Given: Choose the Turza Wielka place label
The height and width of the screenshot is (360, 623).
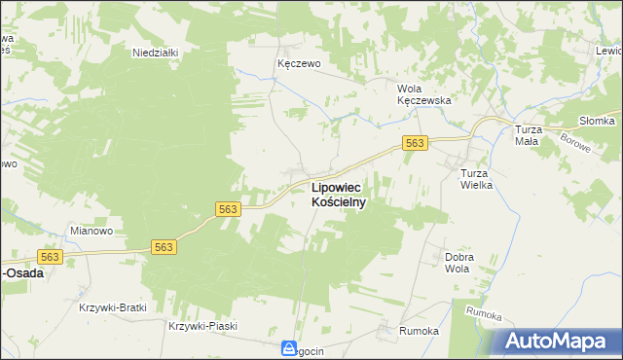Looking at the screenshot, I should click(478, 179).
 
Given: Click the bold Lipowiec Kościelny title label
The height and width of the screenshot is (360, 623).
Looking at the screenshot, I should click(338, 195).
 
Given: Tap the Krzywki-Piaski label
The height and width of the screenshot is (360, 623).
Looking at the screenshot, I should click(202, 326).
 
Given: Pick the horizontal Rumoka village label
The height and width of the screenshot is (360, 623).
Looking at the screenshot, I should click(419, 331).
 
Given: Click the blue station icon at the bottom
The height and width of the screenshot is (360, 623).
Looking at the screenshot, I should click(290, 348).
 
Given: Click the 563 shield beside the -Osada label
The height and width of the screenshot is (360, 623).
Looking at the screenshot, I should click(51, 256).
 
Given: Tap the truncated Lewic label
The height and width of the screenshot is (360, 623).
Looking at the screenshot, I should click(608, 51).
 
